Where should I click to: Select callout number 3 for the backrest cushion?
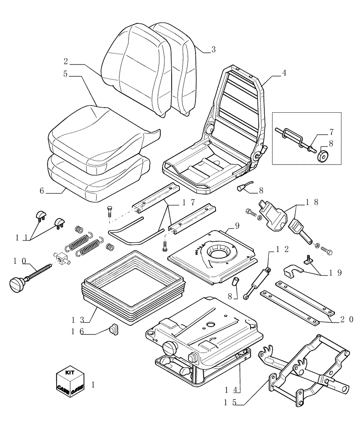point(213,50)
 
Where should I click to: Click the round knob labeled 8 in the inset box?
point(324,155)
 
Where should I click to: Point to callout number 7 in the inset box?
point(332,131)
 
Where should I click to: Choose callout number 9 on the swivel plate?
point(237,226)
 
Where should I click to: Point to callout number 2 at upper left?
point(65,61)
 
